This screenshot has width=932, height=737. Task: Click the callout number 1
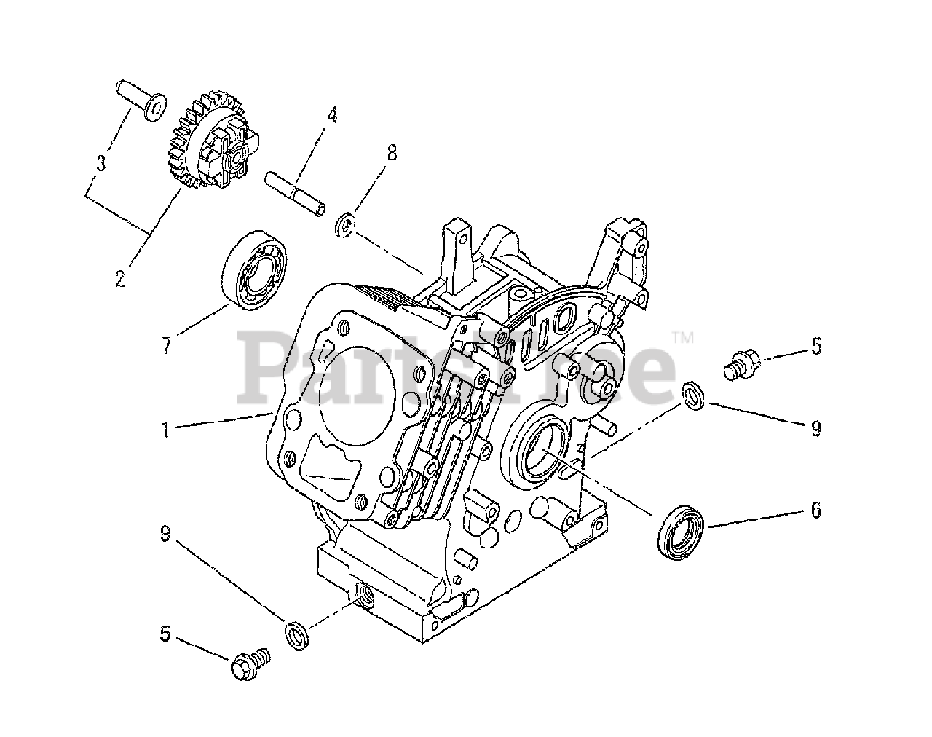166,430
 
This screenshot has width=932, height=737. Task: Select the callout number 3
101,162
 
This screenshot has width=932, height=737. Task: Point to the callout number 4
332,114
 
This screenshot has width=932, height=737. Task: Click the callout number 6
815,511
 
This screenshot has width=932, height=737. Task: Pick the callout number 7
166,346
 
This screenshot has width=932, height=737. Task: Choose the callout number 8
392,152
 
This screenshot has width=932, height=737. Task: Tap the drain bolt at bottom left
249,664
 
